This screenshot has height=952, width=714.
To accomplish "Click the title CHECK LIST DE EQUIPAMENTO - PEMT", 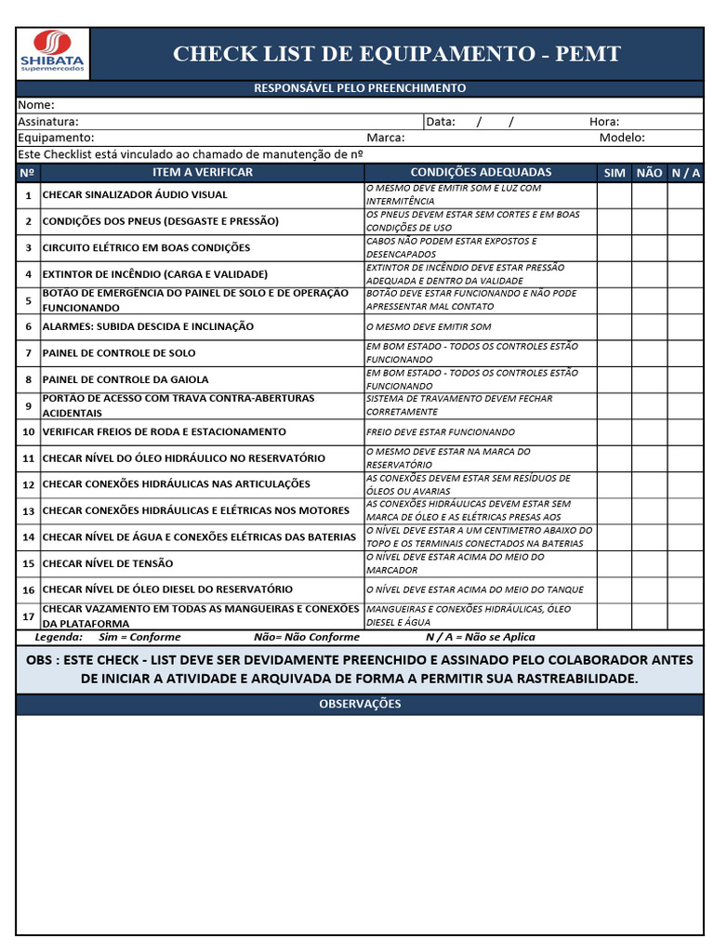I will pyautogui.click(x=396, y=54).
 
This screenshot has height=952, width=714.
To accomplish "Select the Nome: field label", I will pyautogui.click(x=36, y=105).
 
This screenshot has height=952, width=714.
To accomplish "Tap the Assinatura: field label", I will pyautogui.click(x=48, y=121).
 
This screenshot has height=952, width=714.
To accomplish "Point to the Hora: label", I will pyautogui.click(x=604, y=121).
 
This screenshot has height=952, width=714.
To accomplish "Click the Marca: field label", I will pyautogui.click(x=386, y=138).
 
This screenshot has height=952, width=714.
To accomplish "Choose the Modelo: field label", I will pyautogui.click(x=622, y=138).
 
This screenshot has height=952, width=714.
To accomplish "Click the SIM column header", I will pyautogui.click(x=615, y=173).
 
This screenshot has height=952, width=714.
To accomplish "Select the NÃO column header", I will pyautogui.click(x=649, y=173).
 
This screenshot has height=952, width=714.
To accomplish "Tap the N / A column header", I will pyautogui.click(x=685, y=173).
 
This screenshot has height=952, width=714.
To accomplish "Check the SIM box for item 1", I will pyautogui.click(x=615, y=195).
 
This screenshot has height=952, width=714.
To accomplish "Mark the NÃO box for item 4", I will pyautogui.click(x=649, y=274).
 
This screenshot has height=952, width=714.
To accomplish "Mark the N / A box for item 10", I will pyautogui.click(x=685, y=432).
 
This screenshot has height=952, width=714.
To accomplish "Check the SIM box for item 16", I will pyautogui.click(x=615, y=589).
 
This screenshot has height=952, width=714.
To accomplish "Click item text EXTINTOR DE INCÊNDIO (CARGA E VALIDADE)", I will pyautogui.click(x=155, y=274).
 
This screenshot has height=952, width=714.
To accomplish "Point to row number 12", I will pyautogui.click(x=28, y=484).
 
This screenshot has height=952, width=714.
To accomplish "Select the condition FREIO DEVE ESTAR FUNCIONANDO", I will pyautogui.click(x=441, y=432).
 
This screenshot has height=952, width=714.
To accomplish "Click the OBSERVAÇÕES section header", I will pyautogui.click(x=360, y=704).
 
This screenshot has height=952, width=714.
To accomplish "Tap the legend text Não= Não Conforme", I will pyautogui.click(x=306, y=637).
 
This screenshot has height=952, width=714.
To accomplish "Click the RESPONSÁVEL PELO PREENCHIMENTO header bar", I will pyautogui.click(x=360, y=88).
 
